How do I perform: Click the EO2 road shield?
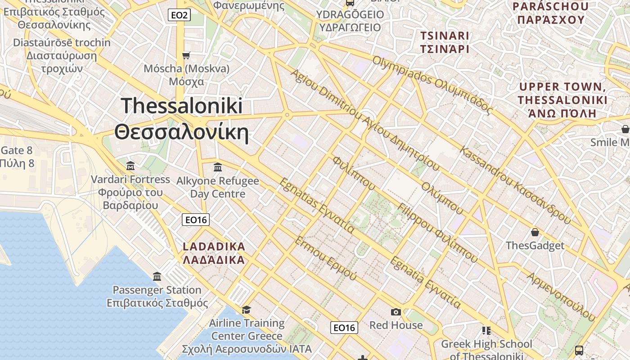tap(179, 15)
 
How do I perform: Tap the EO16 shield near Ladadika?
tap(196, 220)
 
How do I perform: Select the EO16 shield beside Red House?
tap(344, 328)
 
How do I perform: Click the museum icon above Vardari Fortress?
tap(130, 166)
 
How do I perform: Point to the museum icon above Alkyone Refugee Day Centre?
tap(218, 167)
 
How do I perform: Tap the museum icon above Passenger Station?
tap(157, 276)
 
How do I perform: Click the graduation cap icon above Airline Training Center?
tap(246, 310)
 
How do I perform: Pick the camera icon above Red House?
tap(396, 312)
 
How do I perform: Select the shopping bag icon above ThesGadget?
tap(535, 232)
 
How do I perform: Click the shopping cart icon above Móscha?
tap(186, 55)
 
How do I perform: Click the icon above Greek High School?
tap(486, 331)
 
